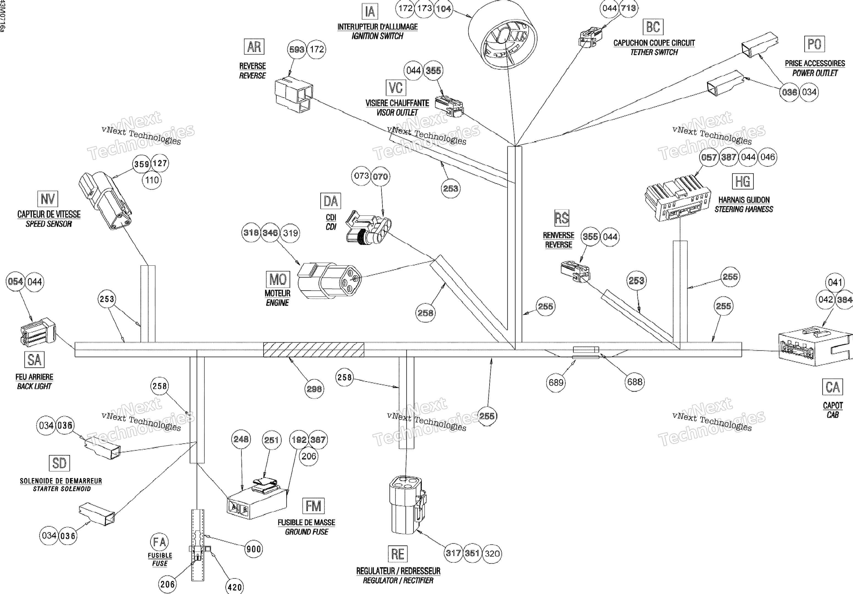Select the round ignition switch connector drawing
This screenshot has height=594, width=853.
(x=502, y=34)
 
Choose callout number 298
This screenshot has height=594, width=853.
(x=314, y=389)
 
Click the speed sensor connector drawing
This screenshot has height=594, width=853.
(x=105, y=201)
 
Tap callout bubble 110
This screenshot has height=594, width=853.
(x=152, y=180)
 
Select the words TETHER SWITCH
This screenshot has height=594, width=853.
(x=654, y=52)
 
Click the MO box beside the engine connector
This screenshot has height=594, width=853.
(x=278, y=280)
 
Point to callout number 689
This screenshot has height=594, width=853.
(x=556, y=383)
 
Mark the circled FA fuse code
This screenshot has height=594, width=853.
(x=159, y=542)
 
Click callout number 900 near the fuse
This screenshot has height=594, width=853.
(x=254, y=549)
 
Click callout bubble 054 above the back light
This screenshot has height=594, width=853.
(x=16, y=282)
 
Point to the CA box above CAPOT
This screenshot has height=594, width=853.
(x=833, y=387)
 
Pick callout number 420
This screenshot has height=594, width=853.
(x=235, y=587)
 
